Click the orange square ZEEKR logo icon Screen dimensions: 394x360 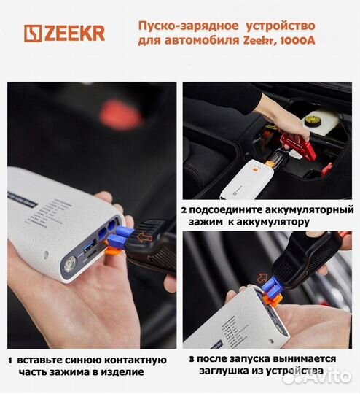click(33, 34)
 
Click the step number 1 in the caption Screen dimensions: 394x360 click(11, 360)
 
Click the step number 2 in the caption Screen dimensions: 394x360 click(185, 210)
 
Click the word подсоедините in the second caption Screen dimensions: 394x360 click(224, 210)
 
